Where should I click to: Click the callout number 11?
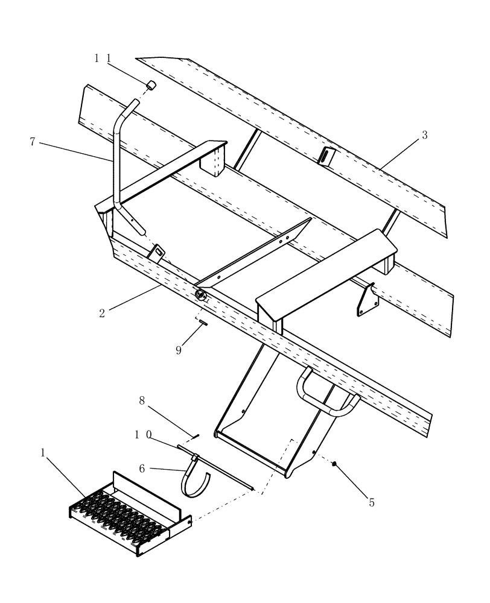pyautogui.click(x=101, y=58)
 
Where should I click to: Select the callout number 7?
pyautogui.click(x=33, y=142)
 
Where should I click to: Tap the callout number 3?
pyautogui.click(x=424, y=135)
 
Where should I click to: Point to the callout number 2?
pyautogui.click(x=103, y=313)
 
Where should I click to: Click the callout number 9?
pyautogui.click(x=179, y=350)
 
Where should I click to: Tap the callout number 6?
pyautogui.click(x=142, y=467)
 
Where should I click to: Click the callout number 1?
pyautogui.click(x=43, y=452)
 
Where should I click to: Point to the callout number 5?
pyautogui.click(x=371, y=502)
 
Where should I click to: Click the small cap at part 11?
pyautogui.click(x=152, y=86)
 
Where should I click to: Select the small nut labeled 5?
pyautogui.click(x=335, y=464)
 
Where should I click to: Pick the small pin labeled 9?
pyautogui.click(x=203, y=323)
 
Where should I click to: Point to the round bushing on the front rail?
pyautogui.click(x=199, y=294)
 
